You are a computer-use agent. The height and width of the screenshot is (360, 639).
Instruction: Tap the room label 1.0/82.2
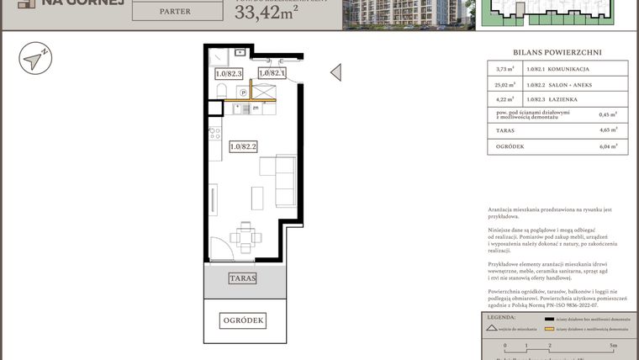point(243,146)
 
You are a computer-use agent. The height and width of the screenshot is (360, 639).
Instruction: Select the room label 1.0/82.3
point(229,74)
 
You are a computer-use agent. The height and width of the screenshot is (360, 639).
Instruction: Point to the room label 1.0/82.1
point(272,74)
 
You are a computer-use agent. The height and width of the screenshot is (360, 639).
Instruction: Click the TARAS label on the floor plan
point(243,278)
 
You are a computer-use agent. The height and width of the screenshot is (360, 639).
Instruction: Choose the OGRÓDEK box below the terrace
point(243,320)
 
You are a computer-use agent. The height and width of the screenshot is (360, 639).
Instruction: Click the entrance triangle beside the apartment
point(335,72)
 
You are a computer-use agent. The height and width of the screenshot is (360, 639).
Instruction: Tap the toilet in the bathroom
point(219,57)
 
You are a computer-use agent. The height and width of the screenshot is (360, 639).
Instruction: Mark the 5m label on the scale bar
point(614,346)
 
